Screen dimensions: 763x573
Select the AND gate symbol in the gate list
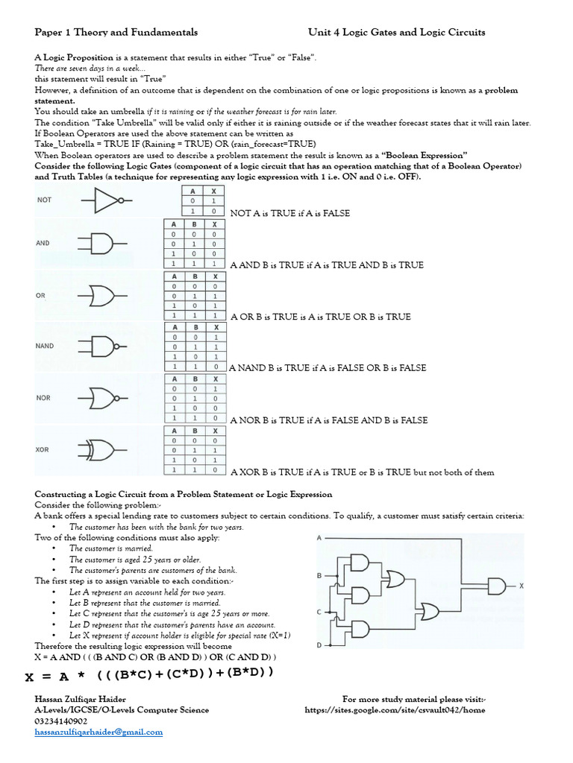pos(101,243)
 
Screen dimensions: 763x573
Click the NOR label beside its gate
pos(43,398)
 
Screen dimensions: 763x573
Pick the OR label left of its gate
pos(40,295)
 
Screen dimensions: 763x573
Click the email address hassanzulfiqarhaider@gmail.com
pos(98,732)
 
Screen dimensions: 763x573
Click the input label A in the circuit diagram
pos(319,537)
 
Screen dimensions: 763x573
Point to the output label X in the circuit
pos(522,586)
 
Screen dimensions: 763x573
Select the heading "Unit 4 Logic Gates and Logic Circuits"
pos(396,32)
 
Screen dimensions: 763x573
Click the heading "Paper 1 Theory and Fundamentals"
pos(116,32)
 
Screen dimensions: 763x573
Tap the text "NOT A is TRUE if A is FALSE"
pos(290,213)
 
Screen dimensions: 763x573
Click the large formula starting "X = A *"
pos(149,675)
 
